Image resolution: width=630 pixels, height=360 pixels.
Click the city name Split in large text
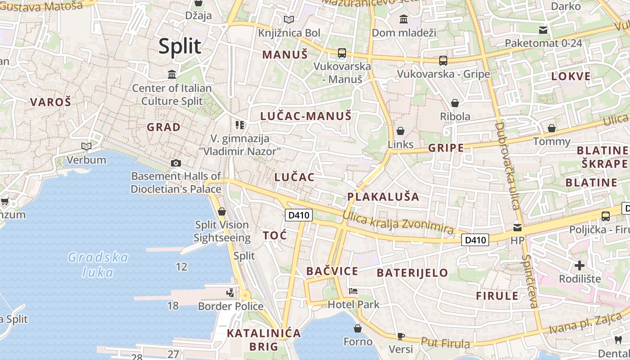[x=180, y=46]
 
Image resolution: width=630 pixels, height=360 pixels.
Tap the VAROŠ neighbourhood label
[x=50, y=102]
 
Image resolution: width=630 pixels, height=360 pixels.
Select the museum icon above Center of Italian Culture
[x=172, y=74]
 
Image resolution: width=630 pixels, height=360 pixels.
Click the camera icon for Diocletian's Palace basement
[x=176, y=163]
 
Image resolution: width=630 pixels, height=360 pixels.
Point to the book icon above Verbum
[x=86, y=146]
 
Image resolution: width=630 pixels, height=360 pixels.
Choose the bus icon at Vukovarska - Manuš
[x=342, y=53]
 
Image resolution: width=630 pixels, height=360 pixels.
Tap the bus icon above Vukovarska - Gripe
[x=443, y=60]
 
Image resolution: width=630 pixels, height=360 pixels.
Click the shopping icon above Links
[x=400, y=131]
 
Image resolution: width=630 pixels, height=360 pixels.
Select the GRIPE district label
[x=446, y=148]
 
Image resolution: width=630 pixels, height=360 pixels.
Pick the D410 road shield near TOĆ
[x=299, y=215]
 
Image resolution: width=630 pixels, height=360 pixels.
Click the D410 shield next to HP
[x=475, y=240]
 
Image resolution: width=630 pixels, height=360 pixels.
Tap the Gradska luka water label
[x=98, y=265]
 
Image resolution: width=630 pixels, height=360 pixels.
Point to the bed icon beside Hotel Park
[x=353, y=291]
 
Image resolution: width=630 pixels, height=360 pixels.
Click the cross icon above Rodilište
[x=580, y=265]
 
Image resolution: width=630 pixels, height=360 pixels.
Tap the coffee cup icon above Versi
[x=400, y=336]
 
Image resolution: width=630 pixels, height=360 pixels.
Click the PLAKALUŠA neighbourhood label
[x=383, y=197]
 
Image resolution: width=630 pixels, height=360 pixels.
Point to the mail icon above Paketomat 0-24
[x=543, y=30]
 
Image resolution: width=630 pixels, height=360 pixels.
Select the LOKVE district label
[x=571, y=76]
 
